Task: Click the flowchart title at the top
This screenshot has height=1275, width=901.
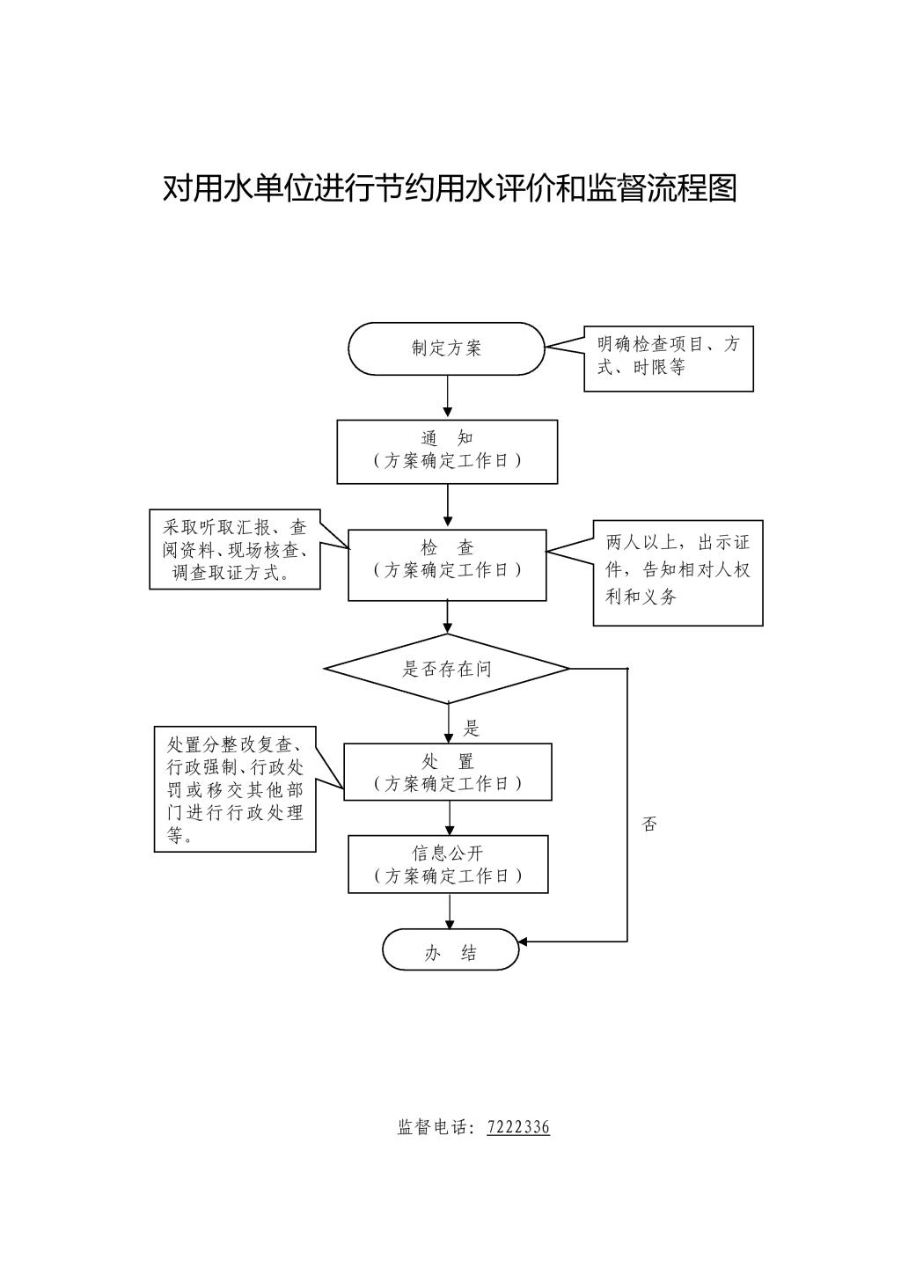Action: click(x=450, y=188)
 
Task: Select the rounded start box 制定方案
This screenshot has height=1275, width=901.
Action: click(x=447, y=348)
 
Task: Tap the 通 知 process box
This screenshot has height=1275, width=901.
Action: click(x=447, y=451)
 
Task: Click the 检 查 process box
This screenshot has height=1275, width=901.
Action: click(x=447, y=565)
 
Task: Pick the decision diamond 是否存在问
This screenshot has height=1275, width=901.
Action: click(x=447, y=669)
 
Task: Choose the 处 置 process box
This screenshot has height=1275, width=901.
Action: click(x=447, y=772)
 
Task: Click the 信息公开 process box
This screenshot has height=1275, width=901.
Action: click(x=448, y=864)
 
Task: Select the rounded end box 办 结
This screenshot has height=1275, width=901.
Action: click(x=450, y=950)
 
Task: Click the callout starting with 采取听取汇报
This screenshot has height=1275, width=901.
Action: click(x=235, y=550)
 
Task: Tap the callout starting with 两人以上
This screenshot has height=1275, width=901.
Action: click(x=678, y=572)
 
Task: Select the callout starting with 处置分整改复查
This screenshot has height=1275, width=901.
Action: click(x=235, y=788)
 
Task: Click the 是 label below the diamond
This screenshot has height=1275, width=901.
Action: click(x=472, y=728)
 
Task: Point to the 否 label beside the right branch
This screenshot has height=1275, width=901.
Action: click(x=649, y=824)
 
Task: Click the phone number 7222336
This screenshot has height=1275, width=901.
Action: click(x=518, y=1127)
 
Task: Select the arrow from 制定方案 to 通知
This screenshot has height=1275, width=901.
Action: click(x=448, y=397)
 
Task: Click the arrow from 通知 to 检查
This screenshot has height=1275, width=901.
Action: click(x=448, y=506)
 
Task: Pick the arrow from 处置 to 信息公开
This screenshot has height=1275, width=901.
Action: click(x=450, y=817)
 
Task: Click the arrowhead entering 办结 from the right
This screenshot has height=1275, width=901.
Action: click(x=524, y=942)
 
